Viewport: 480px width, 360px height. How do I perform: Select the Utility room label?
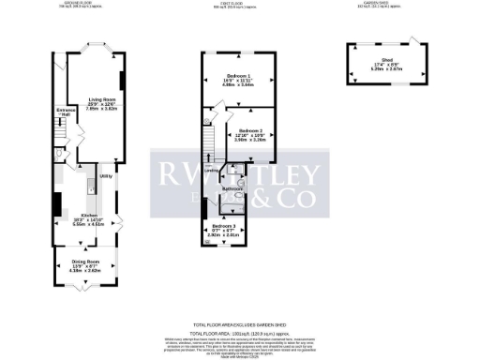tap(106, 175)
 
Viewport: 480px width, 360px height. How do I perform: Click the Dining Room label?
tap(86, 261)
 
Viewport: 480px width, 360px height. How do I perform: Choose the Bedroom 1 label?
tap(237, 75)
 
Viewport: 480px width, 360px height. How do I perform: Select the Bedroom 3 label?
tap(223, 227)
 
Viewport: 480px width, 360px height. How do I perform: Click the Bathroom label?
tap(232, 190)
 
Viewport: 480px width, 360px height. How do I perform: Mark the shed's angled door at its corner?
tap(410, 41)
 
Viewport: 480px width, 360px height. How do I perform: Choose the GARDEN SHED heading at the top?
tap(379, 3)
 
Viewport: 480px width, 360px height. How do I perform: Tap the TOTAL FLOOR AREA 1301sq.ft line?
tap(240, 333)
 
